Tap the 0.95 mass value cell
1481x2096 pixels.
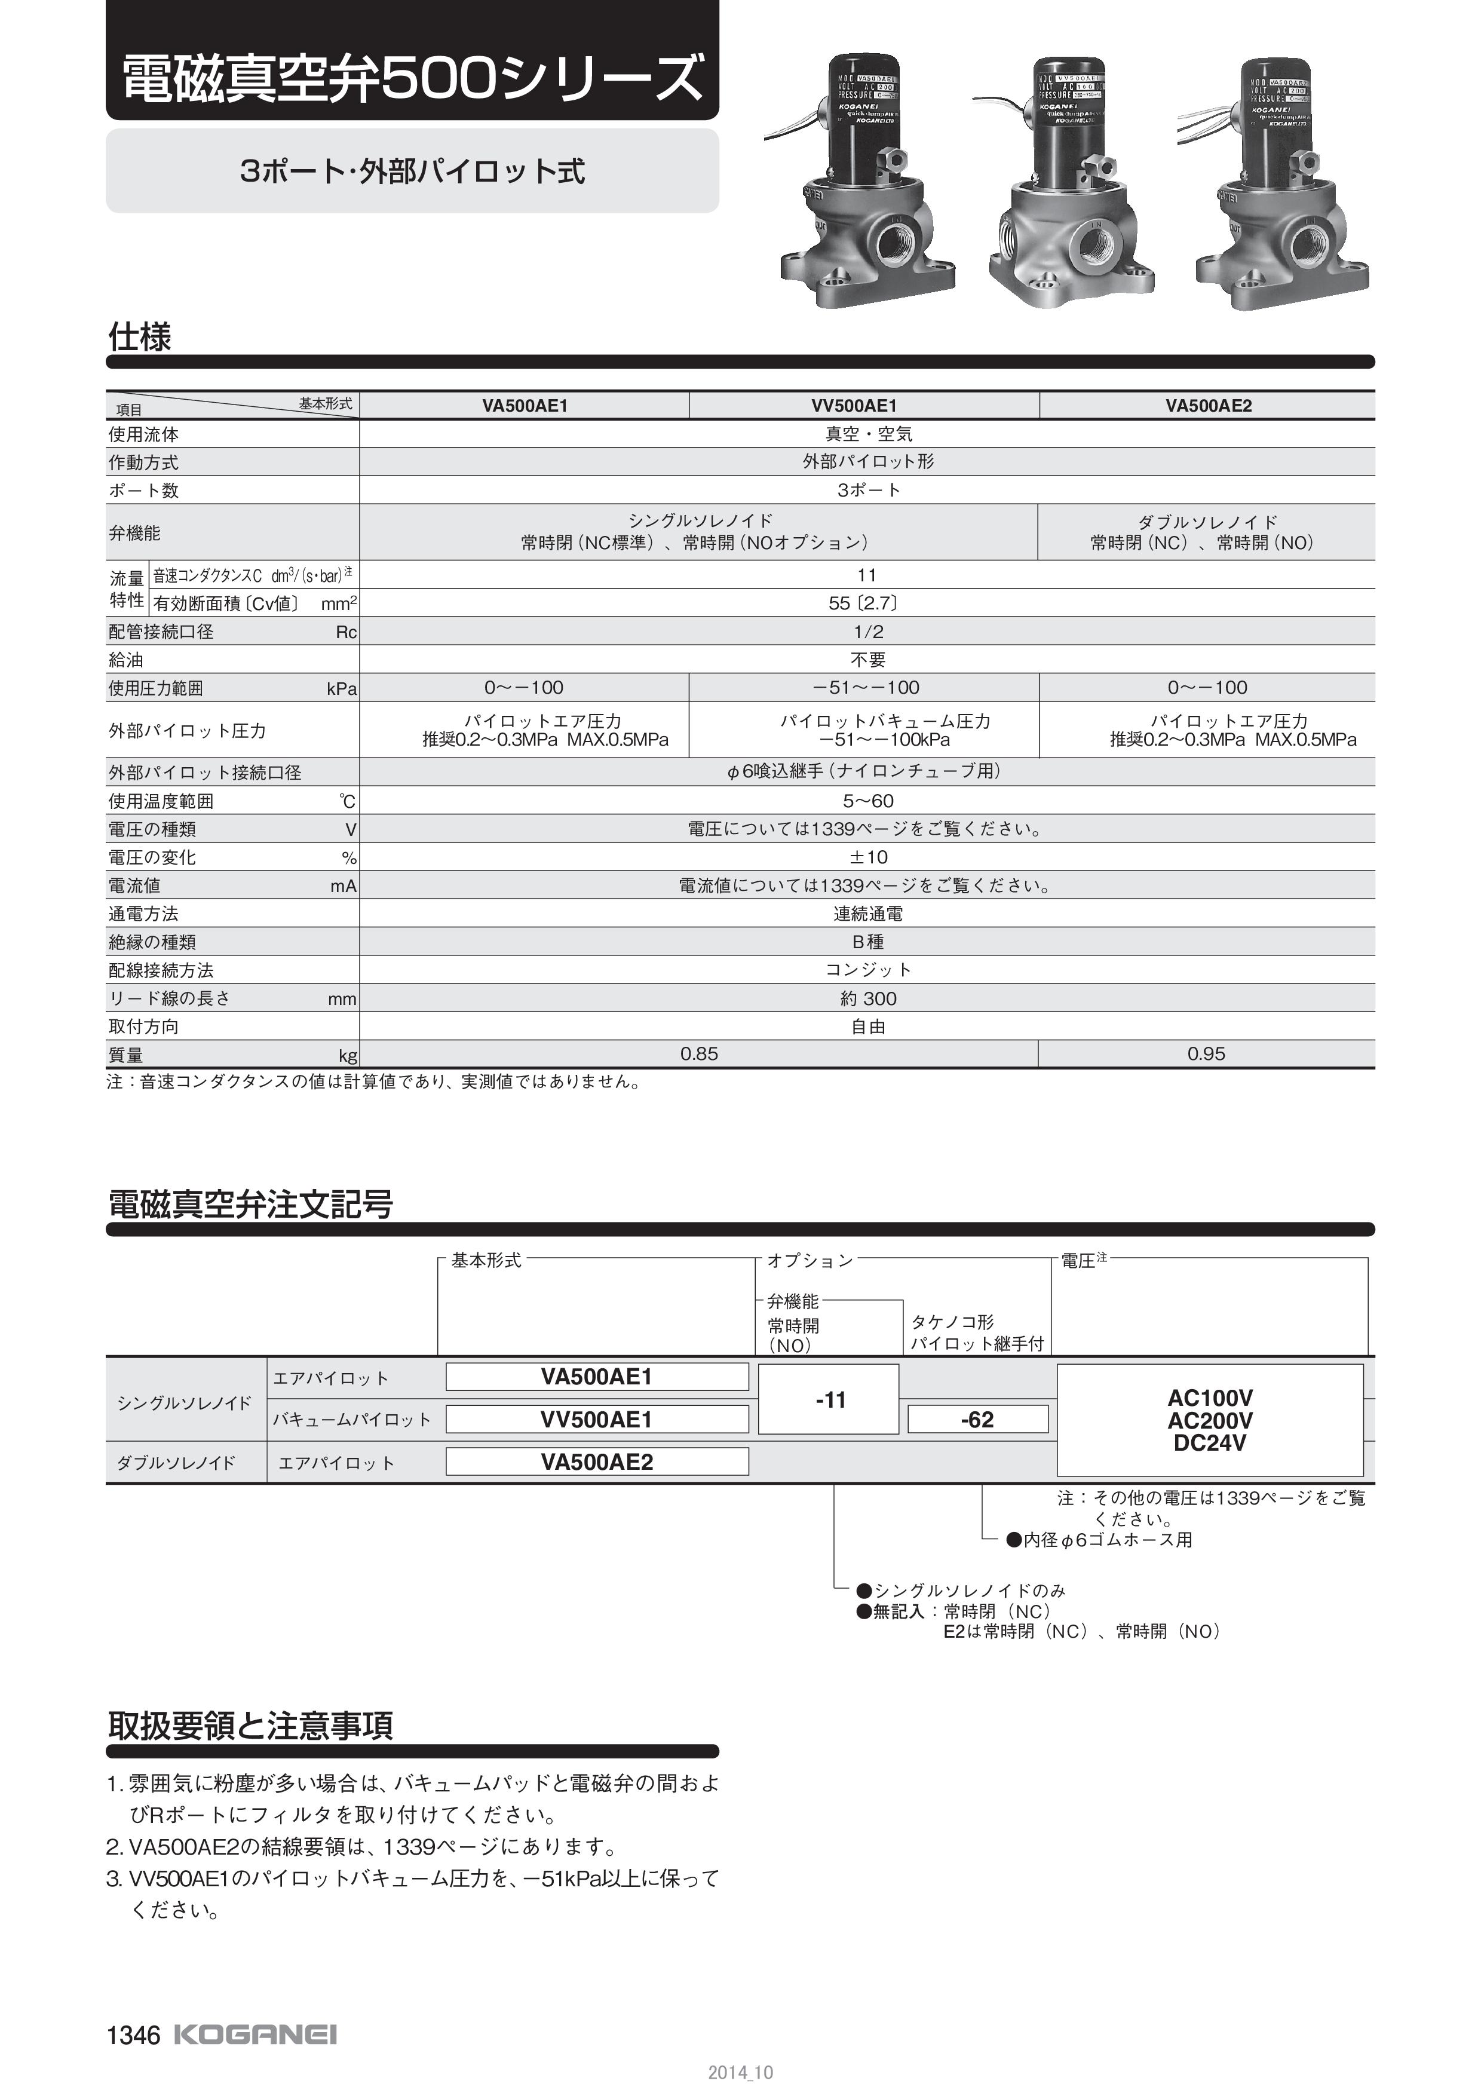coord(1206,1055)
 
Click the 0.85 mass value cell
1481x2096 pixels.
coord(699,1055)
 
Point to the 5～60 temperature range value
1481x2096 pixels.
coord(868,801)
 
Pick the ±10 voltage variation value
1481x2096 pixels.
coord(868,857)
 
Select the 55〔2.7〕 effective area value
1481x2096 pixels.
coord(868,603)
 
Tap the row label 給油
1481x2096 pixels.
coord(126,660)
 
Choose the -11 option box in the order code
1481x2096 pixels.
coord(829,1399)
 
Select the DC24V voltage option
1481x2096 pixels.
coord(1210,1444)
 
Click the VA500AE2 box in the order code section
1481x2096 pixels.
coord(597,1461)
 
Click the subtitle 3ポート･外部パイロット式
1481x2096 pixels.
coord(412,171)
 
